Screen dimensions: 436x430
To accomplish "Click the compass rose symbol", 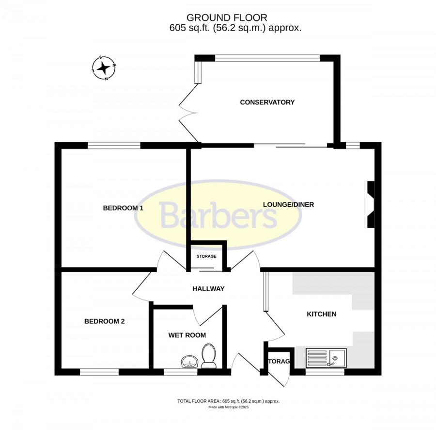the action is click(104, 68).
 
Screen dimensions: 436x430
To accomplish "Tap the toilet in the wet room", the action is click(208, 356).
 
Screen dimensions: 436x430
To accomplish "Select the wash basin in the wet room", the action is click(189, 362).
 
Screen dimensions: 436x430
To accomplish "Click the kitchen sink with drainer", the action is click(326, 358).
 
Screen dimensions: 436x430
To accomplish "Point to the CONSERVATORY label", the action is click(267, 102).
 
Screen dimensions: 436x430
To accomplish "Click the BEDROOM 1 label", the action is click(123, 208).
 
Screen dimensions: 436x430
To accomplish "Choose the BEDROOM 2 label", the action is click(105, 321).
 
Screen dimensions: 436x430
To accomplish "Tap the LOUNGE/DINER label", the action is click(288, 205).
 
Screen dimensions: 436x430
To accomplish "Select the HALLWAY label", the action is click(208, 289).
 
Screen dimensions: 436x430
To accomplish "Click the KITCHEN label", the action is click(322, 314).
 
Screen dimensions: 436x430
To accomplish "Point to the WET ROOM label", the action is click(187, 335).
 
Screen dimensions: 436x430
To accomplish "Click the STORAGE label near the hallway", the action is click(206, 256).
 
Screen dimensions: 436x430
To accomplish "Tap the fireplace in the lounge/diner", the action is click(370, 205).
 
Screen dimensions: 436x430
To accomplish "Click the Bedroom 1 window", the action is click(114, 146).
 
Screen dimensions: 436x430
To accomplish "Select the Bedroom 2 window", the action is click(99, 372).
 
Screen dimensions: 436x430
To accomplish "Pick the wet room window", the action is click(181, 372).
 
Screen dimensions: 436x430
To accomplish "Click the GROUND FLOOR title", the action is click(227, 18).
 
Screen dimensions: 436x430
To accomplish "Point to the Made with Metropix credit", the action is click(229, 407).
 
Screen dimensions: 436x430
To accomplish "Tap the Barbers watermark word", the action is click(218, 215).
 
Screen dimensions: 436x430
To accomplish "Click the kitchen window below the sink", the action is click(325, 372).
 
